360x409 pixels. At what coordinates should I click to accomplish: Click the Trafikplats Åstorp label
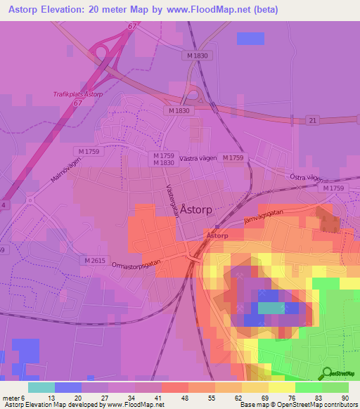click(77, 93)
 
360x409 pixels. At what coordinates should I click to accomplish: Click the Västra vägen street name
click(197, 159)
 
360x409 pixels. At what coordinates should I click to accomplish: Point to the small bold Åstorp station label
click(217, 235)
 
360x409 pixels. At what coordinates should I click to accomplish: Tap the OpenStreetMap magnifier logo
click(328, 372)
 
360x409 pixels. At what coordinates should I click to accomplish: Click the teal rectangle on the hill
click(271, 307)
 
